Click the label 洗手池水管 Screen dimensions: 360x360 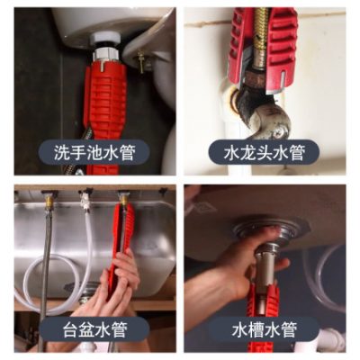click(x=94, y=152)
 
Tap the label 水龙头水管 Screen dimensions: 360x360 click(x=265, y=152)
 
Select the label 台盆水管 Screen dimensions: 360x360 click(x=94, y=329)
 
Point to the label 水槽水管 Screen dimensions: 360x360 click(x=265, y=329)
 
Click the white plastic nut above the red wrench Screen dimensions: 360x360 click(x=105, y=40)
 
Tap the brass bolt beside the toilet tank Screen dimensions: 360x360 click(x=140, y=62)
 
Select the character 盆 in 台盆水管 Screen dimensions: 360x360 click(x=87, y=329)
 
